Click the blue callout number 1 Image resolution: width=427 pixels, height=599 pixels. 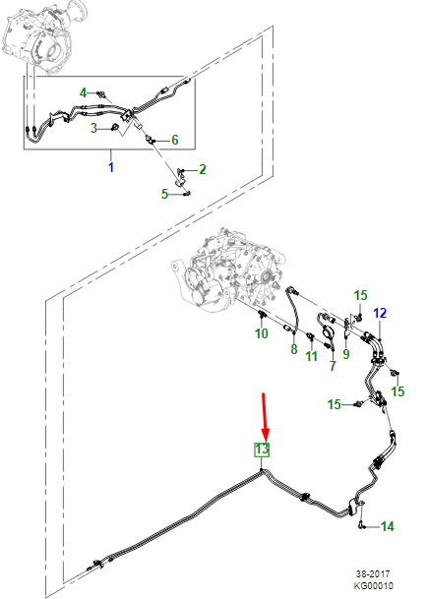[x=111, y=167]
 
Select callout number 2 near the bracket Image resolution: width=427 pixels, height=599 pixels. [x=203, y=169]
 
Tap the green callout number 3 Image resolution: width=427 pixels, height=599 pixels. [x=93, y=128]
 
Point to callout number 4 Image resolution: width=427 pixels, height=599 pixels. [x=83, y=92]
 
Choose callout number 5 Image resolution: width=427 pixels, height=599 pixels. [x=164, y=194]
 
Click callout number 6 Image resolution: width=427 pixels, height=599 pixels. [x=175, y=140]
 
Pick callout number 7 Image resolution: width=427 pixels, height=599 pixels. [x=333, y=366]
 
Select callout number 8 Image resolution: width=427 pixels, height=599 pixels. [x=293, y=349]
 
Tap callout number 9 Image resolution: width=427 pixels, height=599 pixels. [x=346, y=354]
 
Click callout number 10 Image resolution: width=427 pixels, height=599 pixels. [x=262, y=333]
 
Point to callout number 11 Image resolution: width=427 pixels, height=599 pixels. [x=312, y=356]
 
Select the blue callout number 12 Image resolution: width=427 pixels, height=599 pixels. [x=381, y=313]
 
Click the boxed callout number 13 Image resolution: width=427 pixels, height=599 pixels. [x=263, y=449]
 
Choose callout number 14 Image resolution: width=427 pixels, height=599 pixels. [x=388, y=526]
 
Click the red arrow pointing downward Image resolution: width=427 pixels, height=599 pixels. [x=265, y=416]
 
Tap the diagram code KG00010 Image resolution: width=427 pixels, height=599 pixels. [x=373, y=585]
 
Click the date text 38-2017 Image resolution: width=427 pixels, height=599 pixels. [x=373, y=573]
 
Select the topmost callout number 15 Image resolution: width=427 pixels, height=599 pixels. [x=360, y=295]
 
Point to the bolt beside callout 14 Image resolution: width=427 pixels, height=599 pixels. [x=362, y=526]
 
